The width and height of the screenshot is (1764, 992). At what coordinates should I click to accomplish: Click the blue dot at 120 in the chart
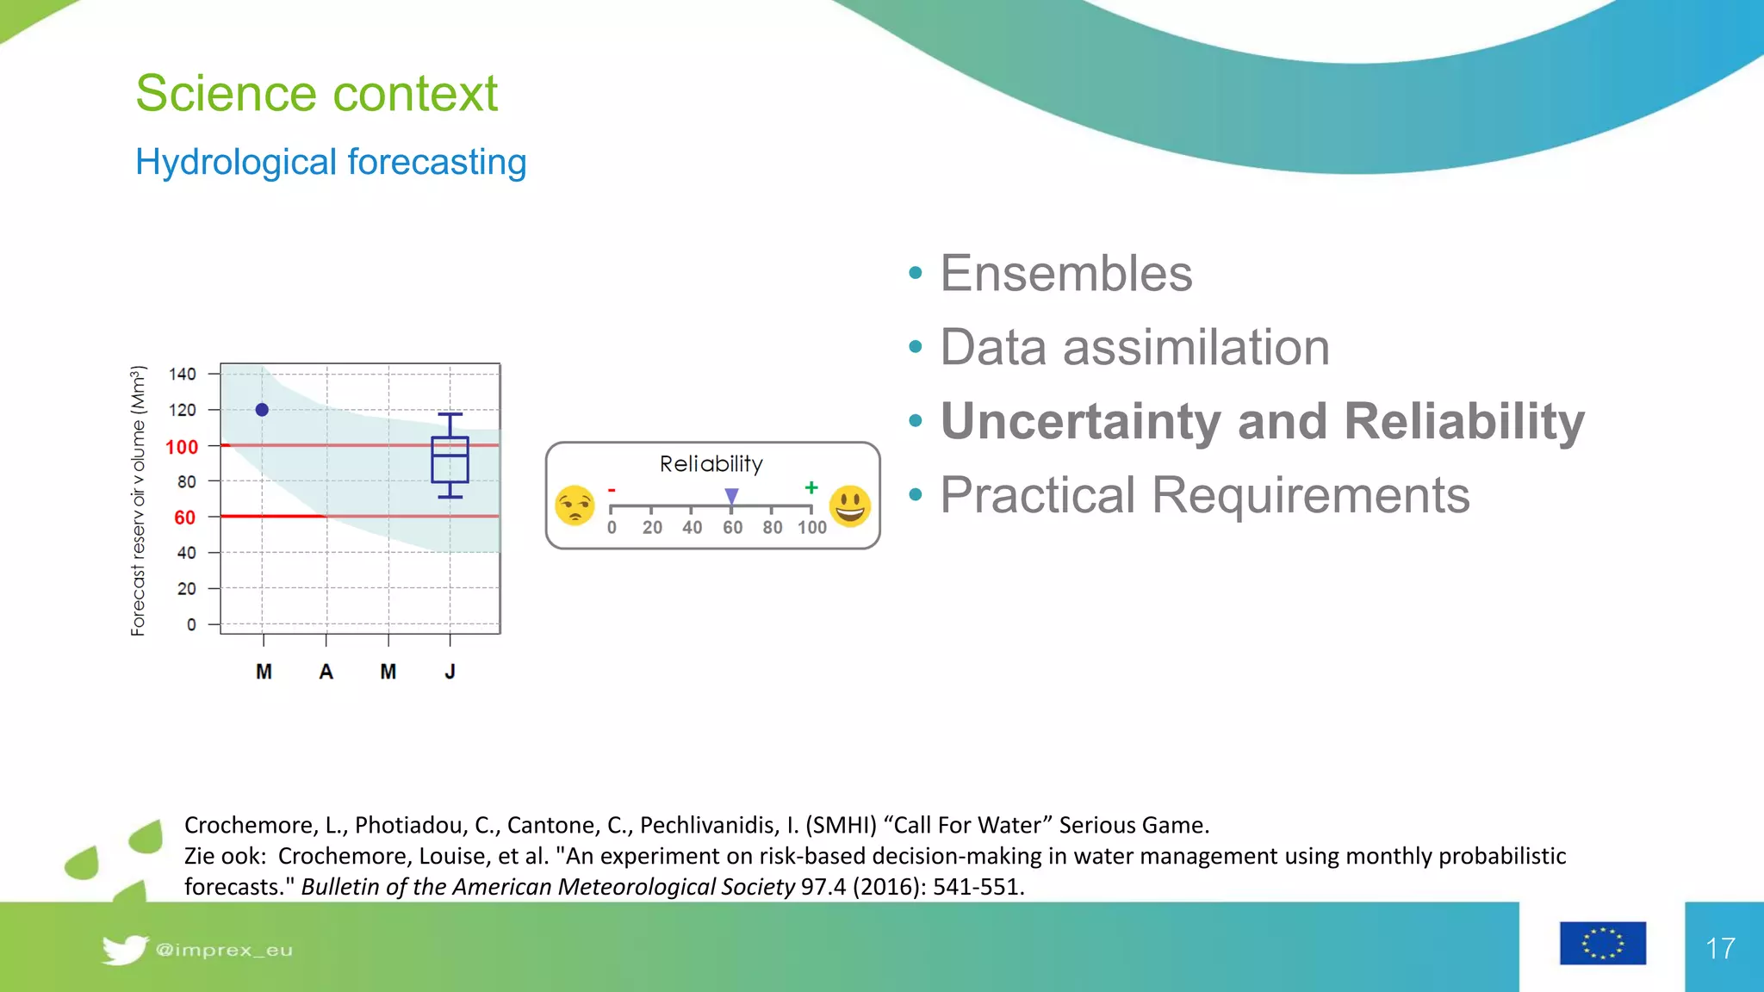coord(262,410)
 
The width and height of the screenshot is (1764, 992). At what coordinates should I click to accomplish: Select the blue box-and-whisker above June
coord(450,457)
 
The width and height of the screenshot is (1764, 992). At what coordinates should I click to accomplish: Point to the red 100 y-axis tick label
coord(182,447)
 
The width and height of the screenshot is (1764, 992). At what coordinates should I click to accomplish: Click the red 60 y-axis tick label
coord(184,518)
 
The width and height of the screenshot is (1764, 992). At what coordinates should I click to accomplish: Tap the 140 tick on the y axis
coord(183,374)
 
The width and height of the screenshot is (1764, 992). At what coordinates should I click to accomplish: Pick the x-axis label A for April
coord(326,672)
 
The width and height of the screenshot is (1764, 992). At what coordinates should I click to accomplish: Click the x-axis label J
coord(450,672)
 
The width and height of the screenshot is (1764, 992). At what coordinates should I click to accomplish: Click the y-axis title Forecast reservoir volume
coord(138,501)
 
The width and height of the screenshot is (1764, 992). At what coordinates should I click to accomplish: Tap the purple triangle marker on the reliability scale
coord(731,496)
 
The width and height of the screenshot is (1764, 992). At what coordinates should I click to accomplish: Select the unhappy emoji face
coord(575,505)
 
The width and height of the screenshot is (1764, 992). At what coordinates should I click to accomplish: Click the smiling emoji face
coord(850,505)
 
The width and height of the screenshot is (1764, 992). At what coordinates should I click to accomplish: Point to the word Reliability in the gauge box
coord(711,464)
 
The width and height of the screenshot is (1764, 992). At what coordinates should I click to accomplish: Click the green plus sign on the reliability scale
coord(811,487)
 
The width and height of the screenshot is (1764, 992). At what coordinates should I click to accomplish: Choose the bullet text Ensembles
coord(1065,274)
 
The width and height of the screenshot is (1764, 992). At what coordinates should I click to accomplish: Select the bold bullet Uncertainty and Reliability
coord(1262,421)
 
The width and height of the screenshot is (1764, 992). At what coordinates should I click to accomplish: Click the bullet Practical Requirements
coord(1204,495)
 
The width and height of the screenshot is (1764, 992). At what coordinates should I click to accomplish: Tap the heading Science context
coord(317,93)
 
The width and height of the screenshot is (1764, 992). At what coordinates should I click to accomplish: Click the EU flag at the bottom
coord(1602,943)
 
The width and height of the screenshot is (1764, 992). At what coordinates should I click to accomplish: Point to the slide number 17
coord(1720,948)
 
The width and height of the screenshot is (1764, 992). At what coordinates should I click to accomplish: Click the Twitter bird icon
coord(124,949)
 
